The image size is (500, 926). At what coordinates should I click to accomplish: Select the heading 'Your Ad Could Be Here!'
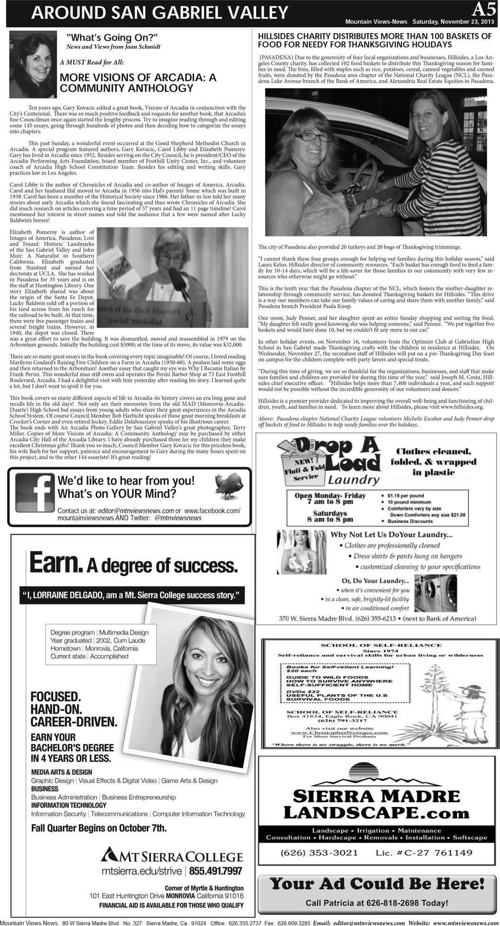377,883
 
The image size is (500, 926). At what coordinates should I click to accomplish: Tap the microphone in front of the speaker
170,278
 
